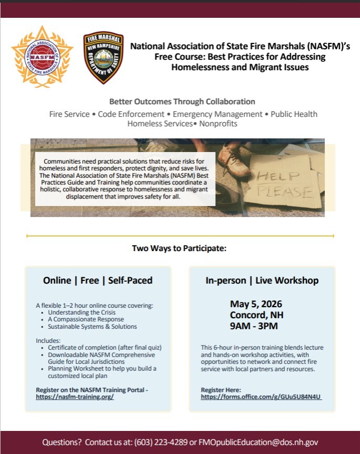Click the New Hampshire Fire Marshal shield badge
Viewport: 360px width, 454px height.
[x=103, y=58]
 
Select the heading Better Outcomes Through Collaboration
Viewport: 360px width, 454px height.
[x=182, y=101]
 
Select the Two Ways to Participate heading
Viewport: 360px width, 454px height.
[x=179, y=248]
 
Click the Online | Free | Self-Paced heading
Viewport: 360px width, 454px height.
[x=98, y=280]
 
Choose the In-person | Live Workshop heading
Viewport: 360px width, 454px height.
[x=262, y=280]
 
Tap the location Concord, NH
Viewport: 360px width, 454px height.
[x=253, y=315]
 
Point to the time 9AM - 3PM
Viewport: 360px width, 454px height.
[x=253, y=326]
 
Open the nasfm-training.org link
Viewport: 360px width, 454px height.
[x=75, y=397]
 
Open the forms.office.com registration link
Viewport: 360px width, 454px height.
[x=261, y=397]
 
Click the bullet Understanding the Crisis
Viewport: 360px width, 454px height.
[x=81, y=312]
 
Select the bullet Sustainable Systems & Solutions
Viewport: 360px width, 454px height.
[x=92, y=326]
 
